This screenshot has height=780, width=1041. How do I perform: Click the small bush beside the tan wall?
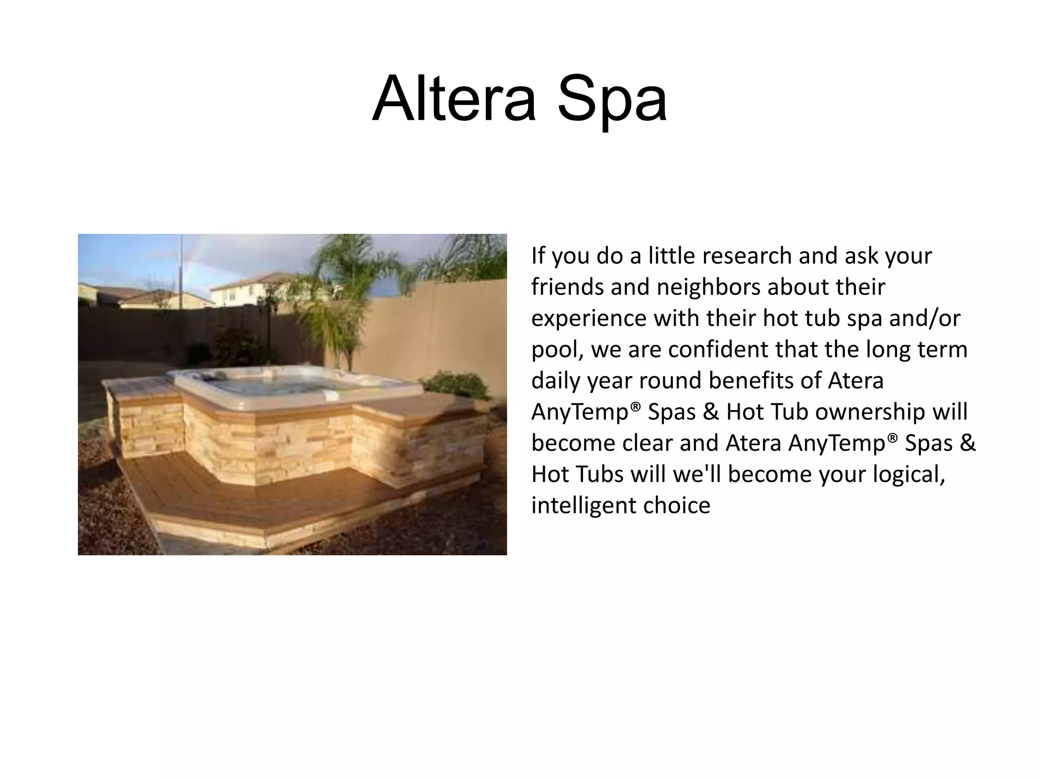pyautogui.click(x=455, y=384)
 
